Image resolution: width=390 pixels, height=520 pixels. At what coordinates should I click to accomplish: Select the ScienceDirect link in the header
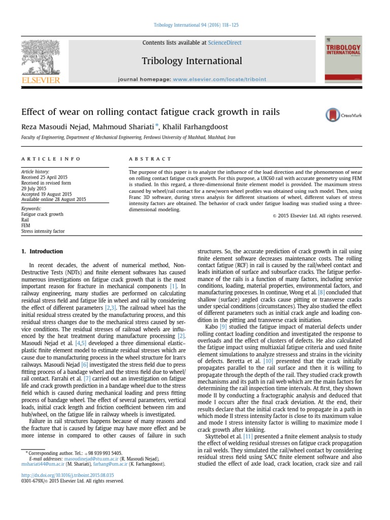point(224,43)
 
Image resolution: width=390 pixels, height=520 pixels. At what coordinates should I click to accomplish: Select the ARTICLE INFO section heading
point(50,159)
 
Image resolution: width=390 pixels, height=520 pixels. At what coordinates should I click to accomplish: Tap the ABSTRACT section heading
point(147,159)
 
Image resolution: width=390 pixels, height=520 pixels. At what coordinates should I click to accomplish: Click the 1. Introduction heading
point(42,251)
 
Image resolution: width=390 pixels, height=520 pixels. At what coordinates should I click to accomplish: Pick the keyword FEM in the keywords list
point(25,226)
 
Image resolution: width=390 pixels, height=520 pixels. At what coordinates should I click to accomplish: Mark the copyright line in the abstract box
point(317,216)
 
